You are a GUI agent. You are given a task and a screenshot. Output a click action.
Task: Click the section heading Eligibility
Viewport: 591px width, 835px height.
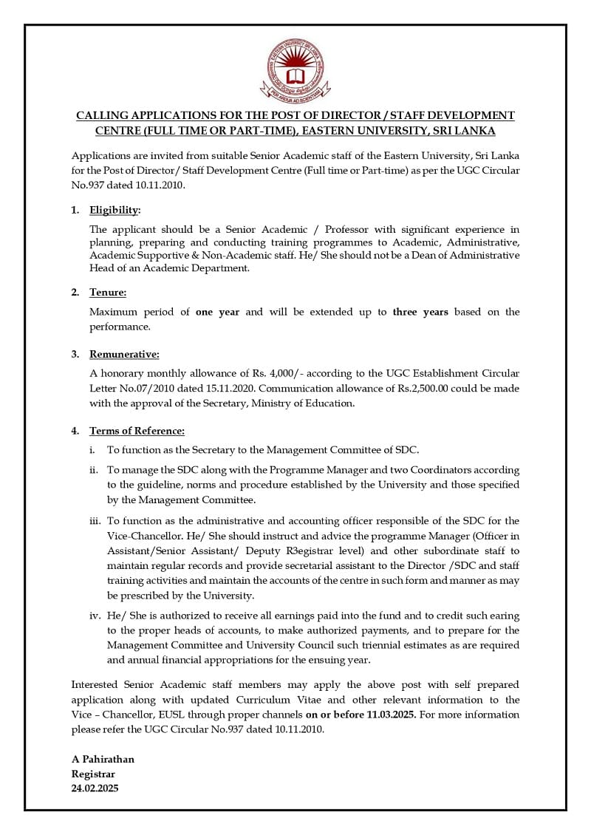[115, 211]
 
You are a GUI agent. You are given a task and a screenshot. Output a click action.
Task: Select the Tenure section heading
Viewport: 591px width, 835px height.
[108, 293]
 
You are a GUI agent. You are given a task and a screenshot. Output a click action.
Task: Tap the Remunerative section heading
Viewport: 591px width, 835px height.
[124, 355]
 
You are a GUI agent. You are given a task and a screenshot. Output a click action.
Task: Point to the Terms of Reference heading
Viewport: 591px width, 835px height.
[137, 431]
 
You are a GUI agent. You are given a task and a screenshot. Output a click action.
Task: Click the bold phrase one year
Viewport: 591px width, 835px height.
[217, 312]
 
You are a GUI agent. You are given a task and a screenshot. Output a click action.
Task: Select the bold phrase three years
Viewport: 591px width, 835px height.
[420, 312]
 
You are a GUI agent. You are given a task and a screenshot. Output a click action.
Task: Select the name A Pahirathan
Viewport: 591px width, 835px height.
[103, 759]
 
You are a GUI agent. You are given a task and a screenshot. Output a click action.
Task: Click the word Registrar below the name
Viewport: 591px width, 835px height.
[93, 774]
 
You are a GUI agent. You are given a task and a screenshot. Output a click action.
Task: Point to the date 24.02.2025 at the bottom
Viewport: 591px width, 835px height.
[95, 788]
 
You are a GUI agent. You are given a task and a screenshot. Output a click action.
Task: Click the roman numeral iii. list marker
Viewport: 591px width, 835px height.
[95, 521]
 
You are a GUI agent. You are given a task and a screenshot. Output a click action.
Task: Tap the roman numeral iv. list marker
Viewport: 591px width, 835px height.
[95, 616]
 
